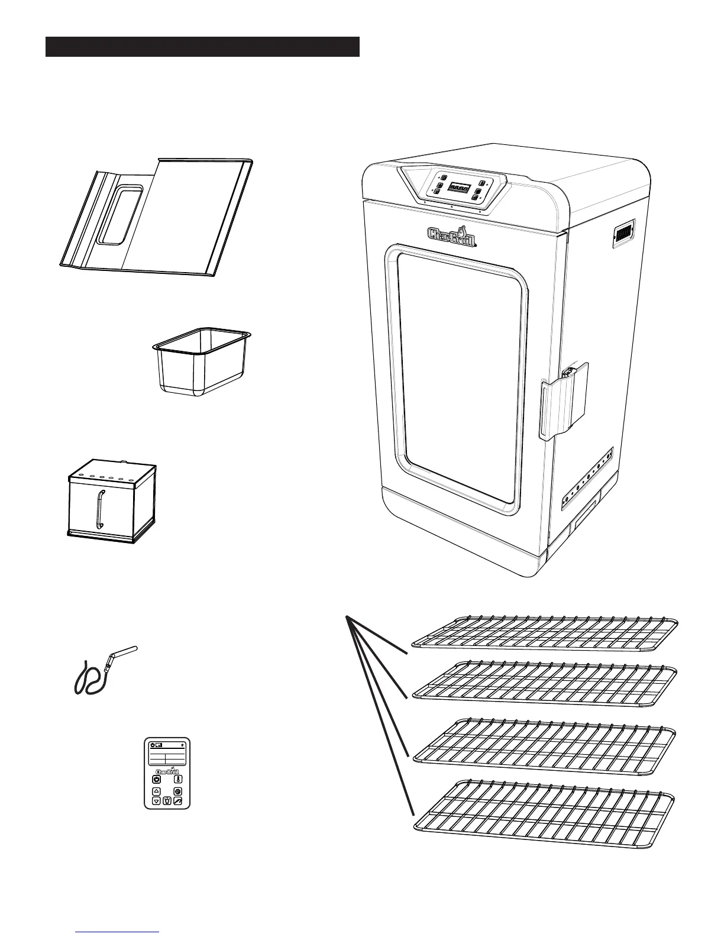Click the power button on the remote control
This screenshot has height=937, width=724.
157,779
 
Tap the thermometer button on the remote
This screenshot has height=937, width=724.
178,779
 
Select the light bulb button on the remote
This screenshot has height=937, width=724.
167,801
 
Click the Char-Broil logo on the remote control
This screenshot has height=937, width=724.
167,771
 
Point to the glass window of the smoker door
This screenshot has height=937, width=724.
460,379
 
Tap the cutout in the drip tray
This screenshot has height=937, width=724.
120,214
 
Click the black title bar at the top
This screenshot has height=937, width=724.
202,47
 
